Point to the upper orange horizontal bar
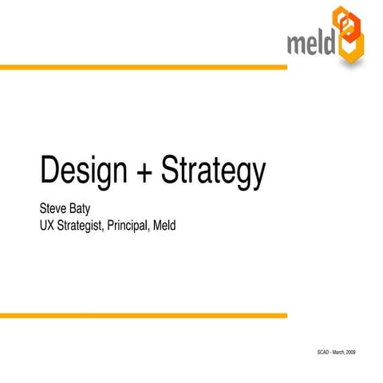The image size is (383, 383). coord(144,67)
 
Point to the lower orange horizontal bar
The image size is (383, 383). coord(144,316)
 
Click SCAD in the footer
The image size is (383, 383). coord(325,352)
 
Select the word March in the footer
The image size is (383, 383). coord(343,352)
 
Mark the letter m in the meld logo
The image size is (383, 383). coord(296,41)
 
